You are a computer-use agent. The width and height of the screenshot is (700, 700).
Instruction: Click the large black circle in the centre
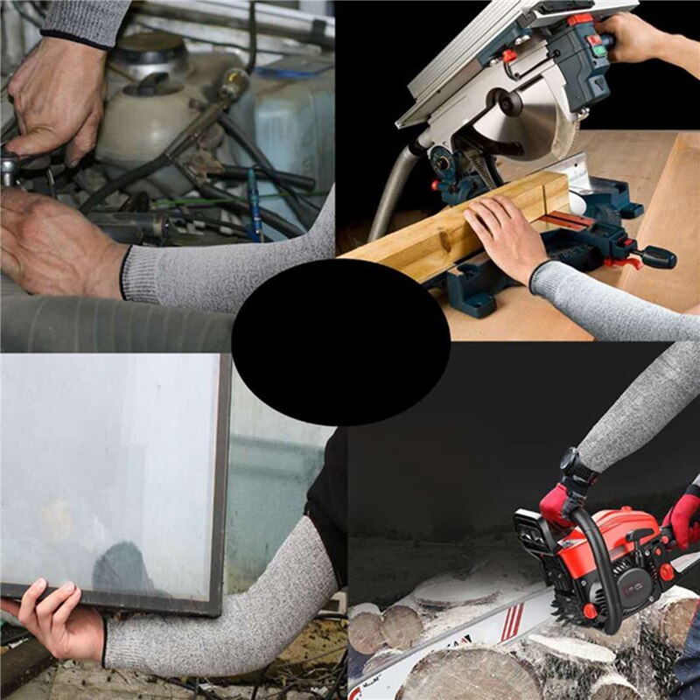(341, 342)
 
